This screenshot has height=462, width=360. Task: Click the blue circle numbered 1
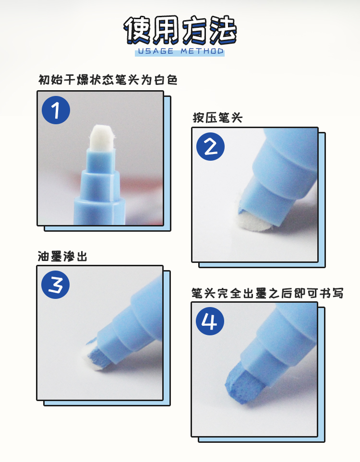click(56, 110)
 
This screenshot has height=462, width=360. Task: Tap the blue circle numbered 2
click(211, 146)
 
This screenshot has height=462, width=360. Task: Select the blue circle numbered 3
click(55, 284)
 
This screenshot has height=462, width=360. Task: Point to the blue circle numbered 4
click(210, 321)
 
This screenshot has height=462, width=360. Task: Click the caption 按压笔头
click(217, 118)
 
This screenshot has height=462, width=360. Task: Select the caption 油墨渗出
click(62, 256)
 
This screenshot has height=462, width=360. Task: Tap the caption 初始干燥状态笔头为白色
click(108, 80)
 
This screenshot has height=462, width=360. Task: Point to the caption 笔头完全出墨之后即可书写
click(267, 293)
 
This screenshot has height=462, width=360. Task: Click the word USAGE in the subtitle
click(156, 51)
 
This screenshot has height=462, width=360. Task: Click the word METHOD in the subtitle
click(202, 51)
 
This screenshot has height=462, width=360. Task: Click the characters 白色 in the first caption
click(166, 80)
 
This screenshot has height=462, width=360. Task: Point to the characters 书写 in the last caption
click(332, 293)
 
